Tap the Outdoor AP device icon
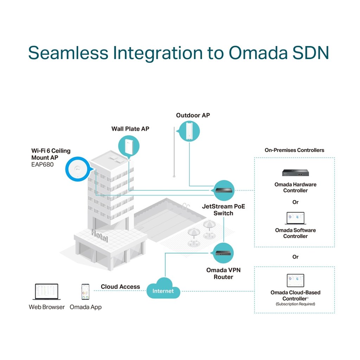tap(189, 131)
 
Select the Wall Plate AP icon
tap(129, 145)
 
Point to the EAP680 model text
tap(43, 164)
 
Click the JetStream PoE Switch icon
tap(224, 191)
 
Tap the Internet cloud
tap(163, 291)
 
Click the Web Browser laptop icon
tap(46, 292)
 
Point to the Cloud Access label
tap(120, 287)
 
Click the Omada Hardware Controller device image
tap(295, 173)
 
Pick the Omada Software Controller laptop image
tap(295, 218)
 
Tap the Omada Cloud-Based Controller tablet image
tap(295, 281)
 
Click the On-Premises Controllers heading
tap(294, 150)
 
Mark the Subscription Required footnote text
tap(295, 304)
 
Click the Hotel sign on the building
tap(99, 235)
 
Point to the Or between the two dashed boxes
tap(295, 257)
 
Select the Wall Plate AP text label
tap(130, 129)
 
